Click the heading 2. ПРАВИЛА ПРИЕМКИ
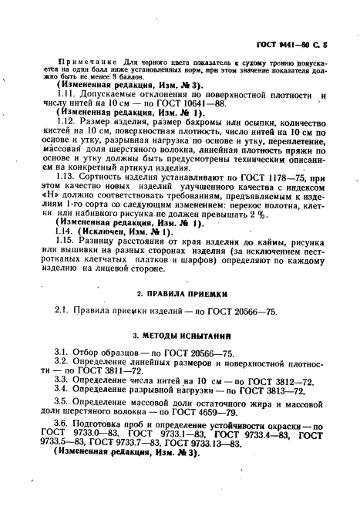180,294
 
